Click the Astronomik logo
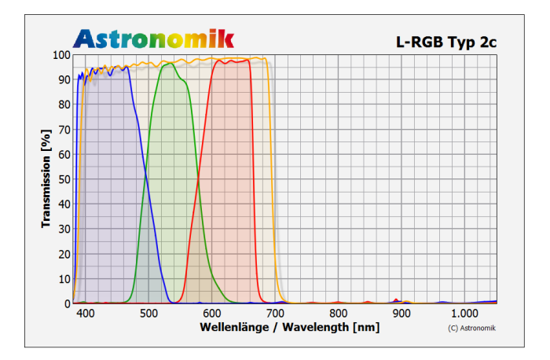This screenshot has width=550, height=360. [154, 37]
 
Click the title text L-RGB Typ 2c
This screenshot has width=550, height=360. [445, 41]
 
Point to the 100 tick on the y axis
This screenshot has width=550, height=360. [60, 55]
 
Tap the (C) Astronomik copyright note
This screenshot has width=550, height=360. [471, 328]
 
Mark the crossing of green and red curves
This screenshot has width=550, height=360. [197, 180]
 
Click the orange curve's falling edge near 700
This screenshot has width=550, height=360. [272, 181]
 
